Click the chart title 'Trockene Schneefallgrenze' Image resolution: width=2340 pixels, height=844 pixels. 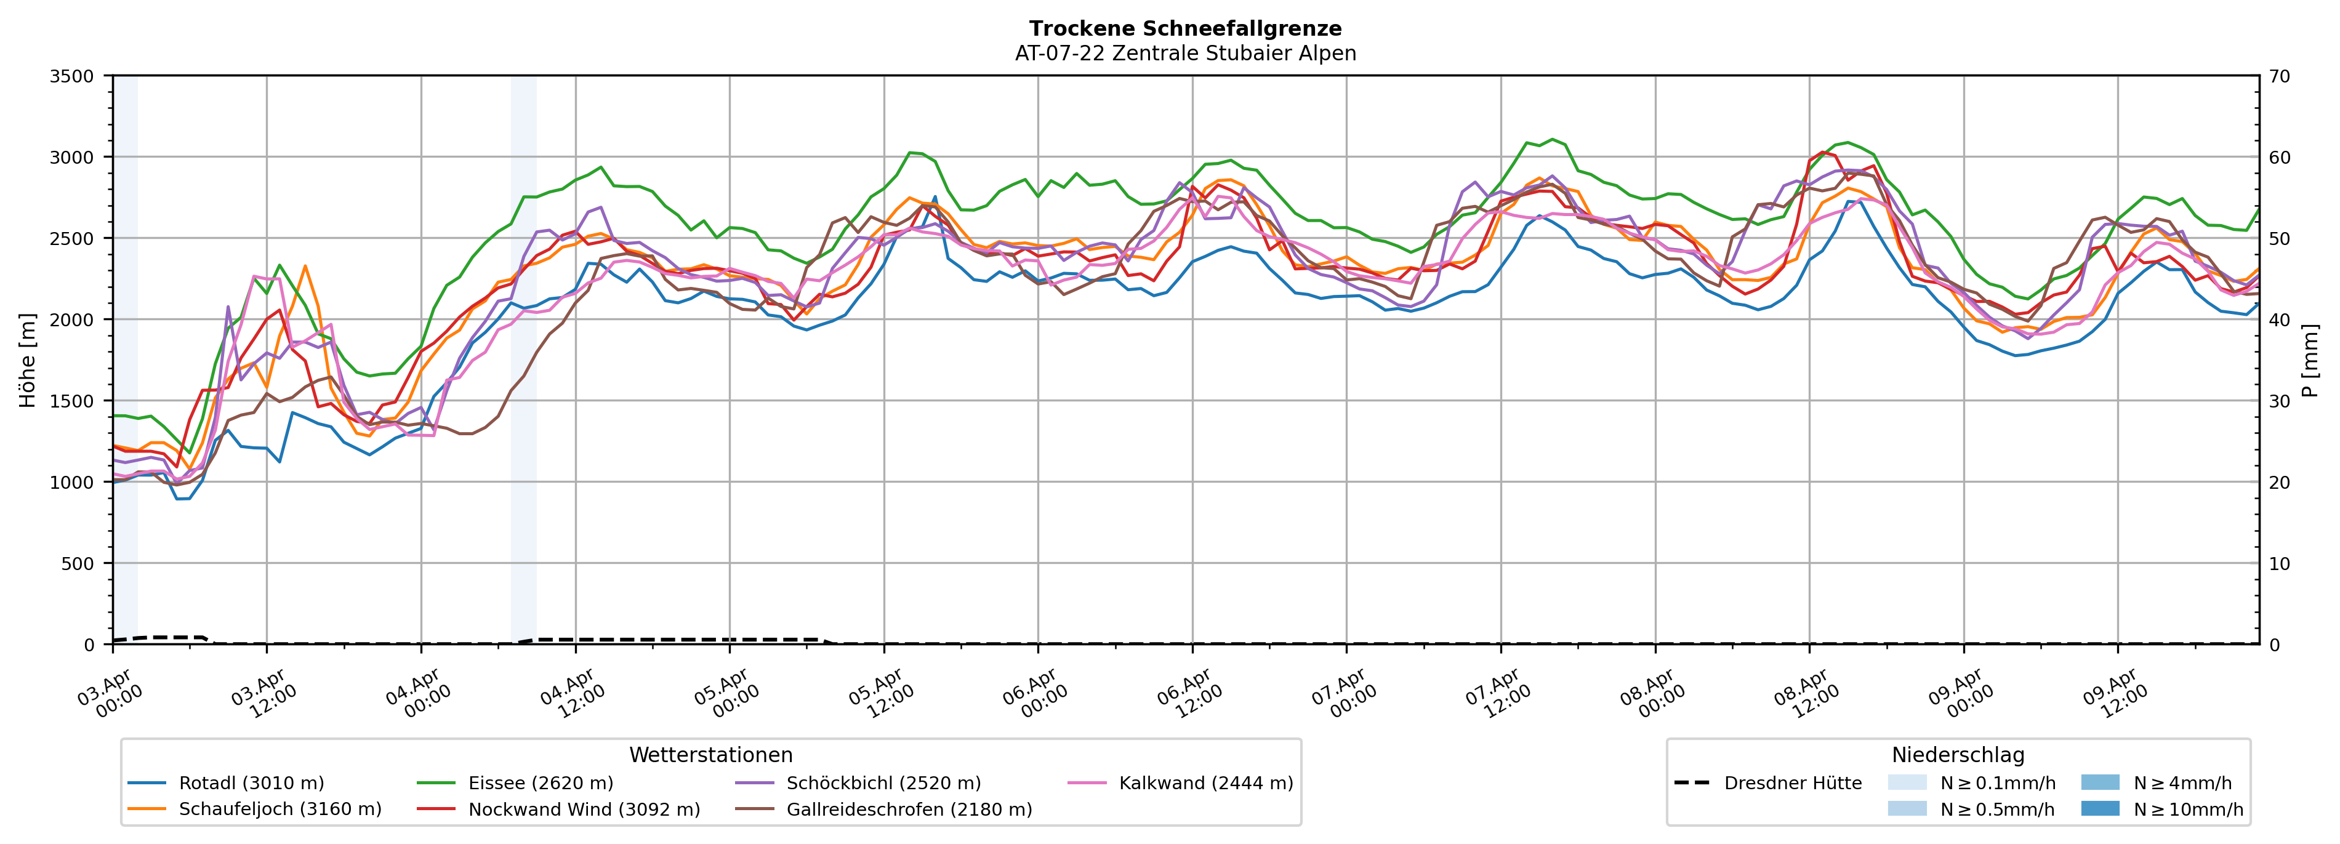[1184, 29]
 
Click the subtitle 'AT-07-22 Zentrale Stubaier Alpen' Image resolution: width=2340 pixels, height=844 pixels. [1184, 54]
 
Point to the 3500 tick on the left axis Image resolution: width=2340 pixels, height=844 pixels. [72, 76]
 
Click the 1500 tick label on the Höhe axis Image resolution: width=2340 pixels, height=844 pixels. [72, 401]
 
